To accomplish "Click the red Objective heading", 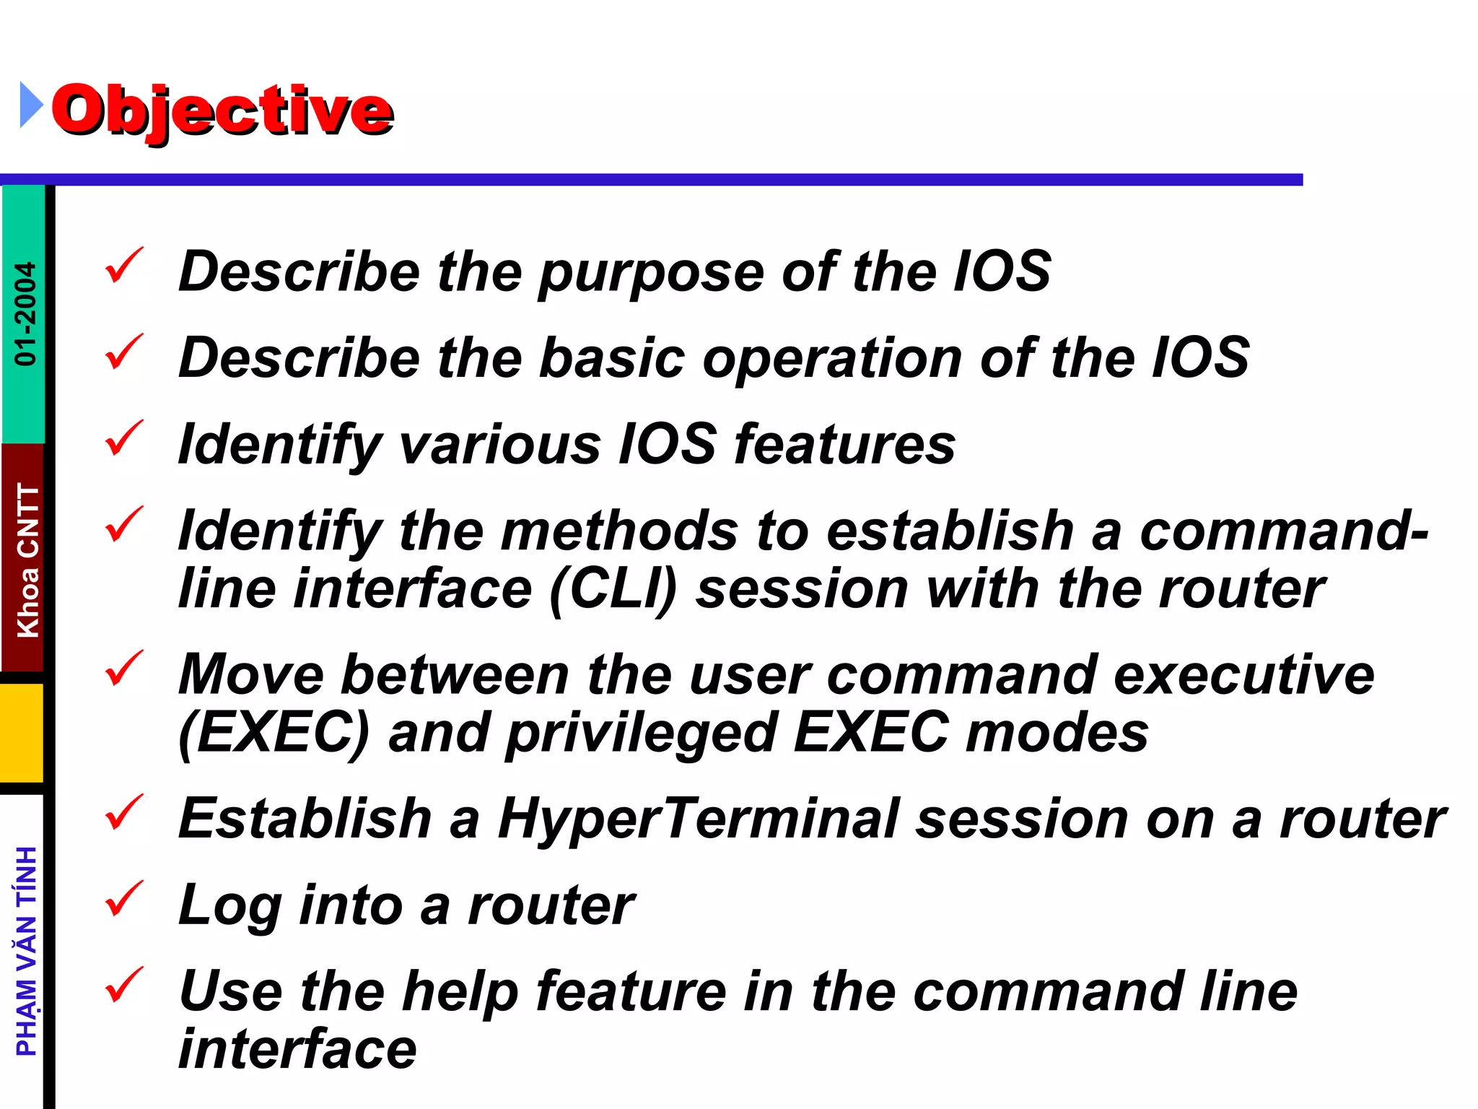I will point(222,110).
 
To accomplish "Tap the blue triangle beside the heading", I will point(30,105).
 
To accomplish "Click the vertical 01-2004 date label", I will point(25,313).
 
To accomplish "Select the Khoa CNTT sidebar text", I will point(27,560).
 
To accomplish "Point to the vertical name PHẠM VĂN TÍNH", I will point(27,951).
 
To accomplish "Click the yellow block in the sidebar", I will point(22,732).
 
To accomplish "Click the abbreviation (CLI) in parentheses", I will point(613,590).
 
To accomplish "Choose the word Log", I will point(229,907).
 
